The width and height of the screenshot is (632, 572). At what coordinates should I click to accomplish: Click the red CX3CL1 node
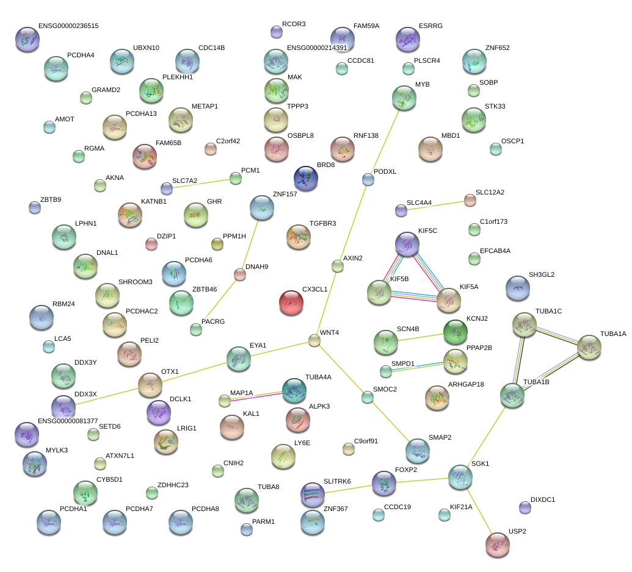tap(291, 302)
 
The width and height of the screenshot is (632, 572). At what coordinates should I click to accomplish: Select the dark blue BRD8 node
tap(306, 178)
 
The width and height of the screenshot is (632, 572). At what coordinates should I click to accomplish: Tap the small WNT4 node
tap(314, 340)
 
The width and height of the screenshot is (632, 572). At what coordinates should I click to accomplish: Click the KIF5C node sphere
tap(407, 244)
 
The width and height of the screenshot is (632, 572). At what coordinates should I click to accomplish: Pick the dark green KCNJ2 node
tap(456, 332)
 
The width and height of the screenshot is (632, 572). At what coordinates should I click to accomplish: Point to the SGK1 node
tap(460, 477)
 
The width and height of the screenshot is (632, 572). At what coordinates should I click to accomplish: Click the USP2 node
tap(498, 545)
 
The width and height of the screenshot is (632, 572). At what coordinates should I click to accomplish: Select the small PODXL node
tap(368, 179)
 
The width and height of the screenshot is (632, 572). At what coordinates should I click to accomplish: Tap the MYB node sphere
tap(404, 98)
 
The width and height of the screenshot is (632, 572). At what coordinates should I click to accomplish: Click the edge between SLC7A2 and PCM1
tap(201, 183)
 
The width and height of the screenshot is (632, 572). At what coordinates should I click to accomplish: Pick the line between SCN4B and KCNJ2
tap(421, 337)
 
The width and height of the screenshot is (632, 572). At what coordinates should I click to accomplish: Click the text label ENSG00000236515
tap(68, 26)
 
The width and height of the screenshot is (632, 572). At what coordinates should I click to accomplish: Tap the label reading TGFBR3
tap(323, 223)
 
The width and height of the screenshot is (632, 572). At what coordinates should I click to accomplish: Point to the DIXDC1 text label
tap(543, 499)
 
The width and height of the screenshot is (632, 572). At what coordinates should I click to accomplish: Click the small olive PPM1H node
tap(217, 244)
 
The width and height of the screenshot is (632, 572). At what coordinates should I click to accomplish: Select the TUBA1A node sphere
tap(589, 347)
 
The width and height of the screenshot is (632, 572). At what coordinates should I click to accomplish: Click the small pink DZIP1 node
tap(151, 244)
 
